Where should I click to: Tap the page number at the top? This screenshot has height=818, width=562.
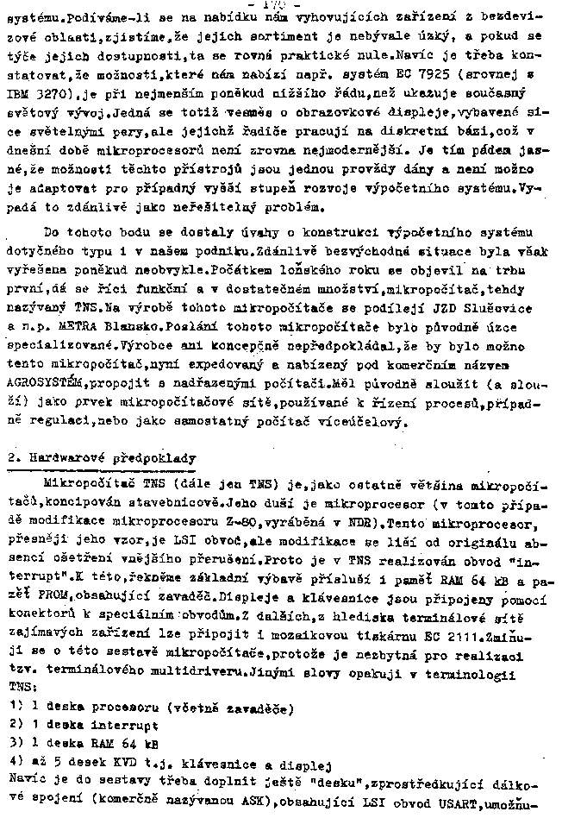tap(281, 6)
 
